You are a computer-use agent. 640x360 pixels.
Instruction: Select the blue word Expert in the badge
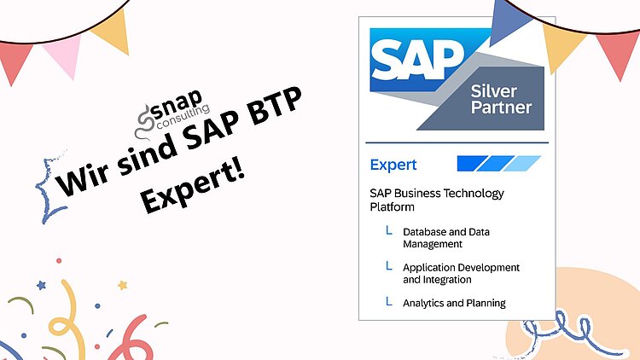tap(393, 165)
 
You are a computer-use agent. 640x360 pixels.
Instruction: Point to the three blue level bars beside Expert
tap(499, 164)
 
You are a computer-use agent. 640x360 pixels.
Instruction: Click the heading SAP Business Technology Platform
tap(437, 200)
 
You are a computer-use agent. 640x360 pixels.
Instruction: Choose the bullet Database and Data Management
tap(446, 237)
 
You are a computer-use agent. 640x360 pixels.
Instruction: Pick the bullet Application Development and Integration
tap(461, 273)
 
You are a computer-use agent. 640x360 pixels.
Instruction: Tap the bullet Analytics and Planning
tap(454, 303)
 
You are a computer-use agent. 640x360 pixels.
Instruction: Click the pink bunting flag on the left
tap(61, 53)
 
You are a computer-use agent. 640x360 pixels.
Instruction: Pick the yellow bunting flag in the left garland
tap(111, 31)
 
